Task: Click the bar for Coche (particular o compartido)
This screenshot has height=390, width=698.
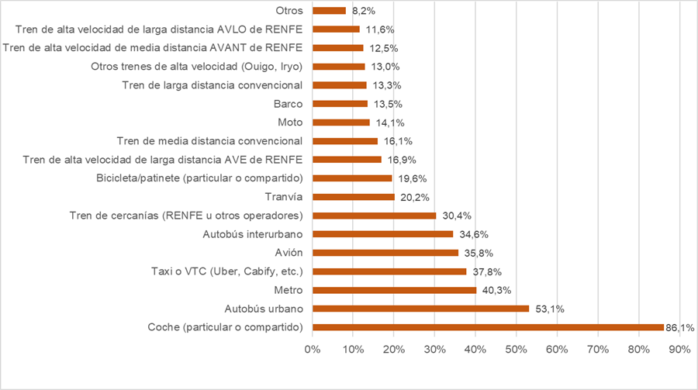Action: (x=488, y=327)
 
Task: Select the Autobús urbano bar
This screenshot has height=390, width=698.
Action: (x=420, y=309)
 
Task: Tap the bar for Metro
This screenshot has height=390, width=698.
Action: (x=394, y=290)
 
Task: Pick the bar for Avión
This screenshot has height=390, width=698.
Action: (x=385, y=253)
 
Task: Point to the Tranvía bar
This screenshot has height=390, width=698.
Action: (x=354, y=197)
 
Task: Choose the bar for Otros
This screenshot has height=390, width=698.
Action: (x=329, y=11)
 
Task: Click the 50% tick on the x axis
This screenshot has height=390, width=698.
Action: (x=517, y=350)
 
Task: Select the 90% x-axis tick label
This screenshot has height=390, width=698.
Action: (x=679, y=350)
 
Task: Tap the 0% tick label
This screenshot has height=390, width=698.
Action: (x=313, y=350)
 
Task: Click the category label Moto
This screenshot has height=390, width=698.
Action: (x=290, y=123)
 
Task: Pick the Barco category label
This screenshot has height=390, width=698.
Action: (x=288, y=104)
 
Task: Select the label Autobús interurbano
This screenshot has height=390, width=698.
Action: (x=253, y=234)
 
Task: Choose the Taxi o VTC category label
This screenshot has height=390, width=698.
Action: (x=226, y=271)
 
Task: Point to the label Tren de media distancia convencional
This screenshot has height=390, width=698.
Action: (x=209, y=141)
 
